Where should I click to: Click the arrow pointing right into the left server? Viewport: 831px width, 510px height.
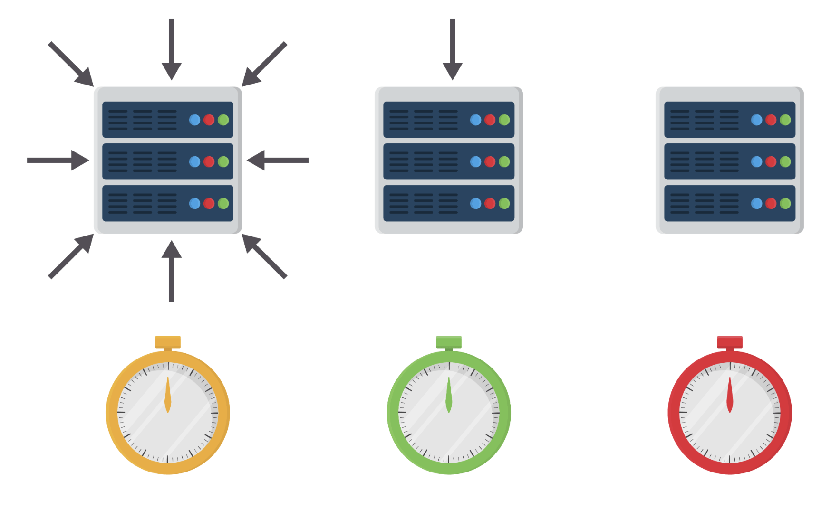coord(58,160)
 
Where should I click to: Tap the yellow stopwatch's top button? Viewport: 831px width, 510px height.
coord(168,342)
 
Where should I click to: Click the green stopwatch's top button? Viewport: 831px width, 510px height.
coord(449,342)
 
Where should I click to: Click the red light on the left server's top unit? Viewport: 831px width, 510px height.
coord(209,120)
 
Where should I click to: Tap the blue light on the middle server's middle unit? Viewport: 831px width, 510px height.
coord(475,161)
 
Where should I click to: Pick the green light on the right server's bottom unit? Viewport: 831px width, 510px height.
coord(785,203)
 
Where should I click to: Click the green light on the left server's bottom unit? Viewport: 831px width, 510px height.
coord(223,203)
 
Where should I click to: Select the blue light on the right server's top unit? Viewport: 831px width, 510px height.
coord(756,120)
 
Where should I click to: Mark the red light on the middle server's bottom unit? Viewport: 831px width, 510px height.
coord(490,203)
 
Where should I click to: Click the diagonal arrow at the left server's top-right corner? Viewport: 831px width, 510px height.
coord(264,65)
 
